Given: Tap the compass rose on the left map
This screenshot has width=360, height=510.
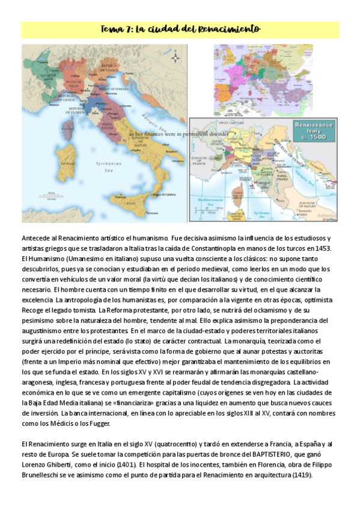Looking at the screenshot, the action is tap(175, 58).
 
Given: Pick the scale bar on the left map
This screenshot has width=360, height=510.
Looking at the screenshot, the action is tap(47, 194).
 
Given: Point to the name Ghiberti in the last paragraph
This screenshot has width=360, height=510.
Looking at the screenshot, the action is tap(64, 465).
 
